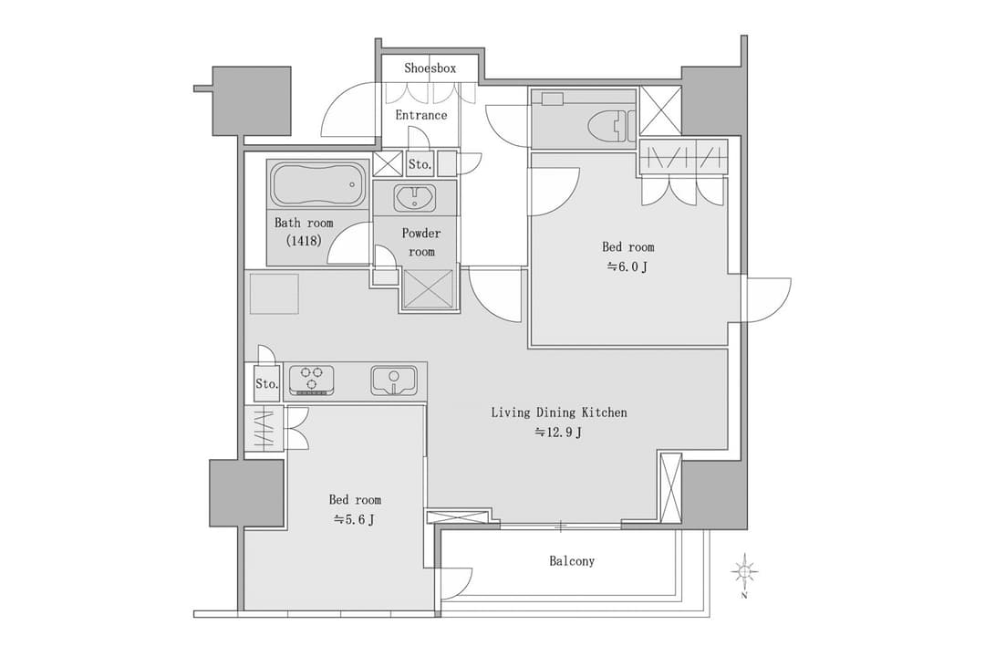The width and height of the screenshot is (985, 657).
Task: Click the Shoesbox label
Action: [x=430, y=68]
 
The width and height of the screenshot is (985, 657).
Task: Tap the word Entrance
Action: [x=420, y=115]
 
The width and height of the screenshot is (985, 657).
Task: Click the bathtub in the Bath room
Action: [x=318, y=184]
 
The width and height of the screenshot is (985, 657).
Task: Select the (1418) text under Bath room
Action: [x=304, y=240]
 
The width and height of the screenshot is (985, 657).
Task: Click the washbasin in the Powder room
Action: [x=415, y=198]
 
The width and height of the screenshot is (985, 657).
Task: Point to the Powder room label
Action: [x=420, y=242]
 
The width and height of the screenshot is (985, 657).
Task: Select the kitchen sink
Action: [x=393, y=381]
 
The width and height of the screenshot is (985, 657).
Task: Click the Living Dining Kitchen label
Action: [x=559, y=412]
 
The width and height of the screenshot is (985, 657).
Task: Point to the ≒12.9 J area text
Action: [x=558, y=433]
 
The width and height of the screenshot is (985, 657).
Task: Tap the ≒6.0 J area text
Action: [x=627, y=266]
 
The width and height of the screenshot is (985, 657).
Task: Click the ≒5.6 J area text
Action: [x=354, y=519]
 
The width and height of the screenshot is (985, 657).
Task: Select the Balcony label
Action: [x=572, y=561]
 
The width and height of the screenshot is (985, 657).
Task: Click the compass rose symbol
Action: [x=744, y=572]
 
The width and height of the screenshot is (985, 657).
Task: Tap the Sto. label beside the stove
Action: [x=266, y=383]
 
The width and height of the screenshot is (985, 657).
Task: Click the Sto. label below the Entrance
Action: [x=420, y=165]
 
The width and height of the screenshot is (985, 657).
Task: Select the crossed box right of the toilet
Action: [x=660, y=110]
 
